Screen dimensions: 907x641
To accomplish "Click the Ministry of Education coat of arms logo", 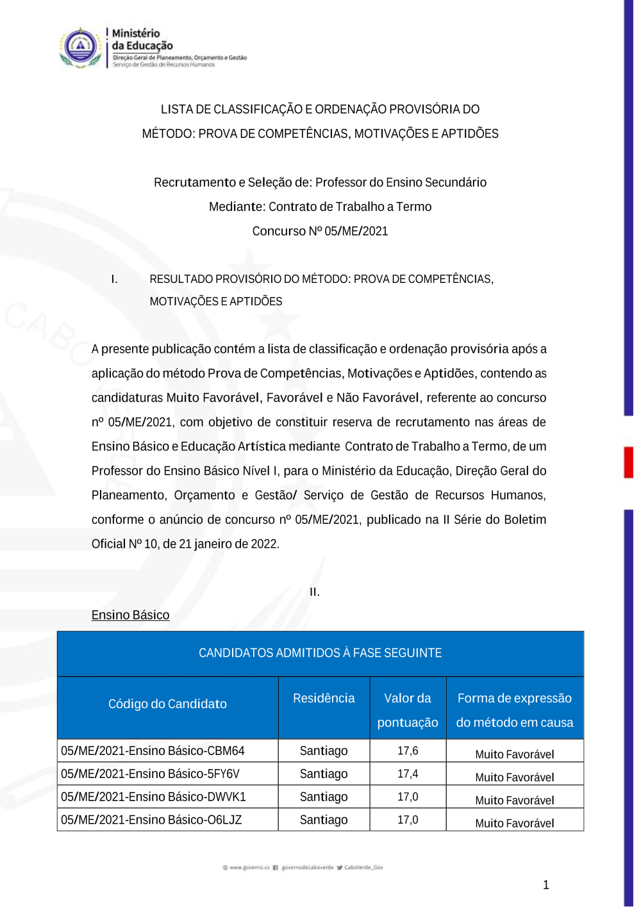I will [80, 47].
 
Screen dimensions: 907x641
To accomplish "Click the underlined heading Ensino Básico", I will [130, 615].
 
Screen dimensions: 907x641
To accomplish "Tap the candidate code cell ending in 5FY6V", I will [150, 774].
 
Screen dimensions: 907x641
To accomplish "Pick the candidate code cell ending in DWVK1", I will [153, 797].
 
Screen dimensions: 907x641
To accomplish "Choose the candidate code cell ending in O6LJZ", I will [151, 820].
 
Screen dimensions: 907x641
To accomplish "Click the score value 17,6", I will [408, 750].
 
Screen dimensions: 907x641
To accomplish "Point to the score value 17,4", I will [408, 774].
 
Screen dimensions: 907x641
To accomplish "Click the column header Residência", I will [324, 699].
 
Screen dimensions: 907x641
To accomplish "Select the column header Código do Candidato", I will [167, 704].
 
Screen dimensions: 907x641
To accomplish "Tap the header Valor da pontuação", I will [408, 710].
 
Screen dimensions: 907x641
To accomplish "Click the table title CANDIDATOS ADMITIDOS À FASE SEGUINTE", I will [320, 653].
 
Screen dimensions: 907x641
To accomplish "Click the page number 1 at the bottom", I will [546, 885].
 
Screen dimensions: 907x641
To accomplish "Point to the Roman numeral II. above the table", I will [315, 592].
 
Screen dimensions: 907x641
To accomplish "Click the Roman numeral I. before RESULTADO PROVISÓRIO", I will [114, 279].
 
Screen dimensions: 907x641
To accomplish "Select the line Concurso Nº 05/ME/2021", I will [320, 231].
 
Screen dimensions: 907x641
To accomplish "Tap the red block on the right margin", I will [628, 462].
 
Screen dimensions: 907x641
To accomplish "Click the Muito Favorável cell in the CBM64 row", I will [515, 754].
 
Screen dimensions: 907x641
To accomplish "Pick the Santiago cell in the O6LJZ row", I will [324, 820].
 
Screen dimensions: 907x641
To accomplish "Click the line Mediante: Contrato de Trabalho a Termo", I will [320, 207].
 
